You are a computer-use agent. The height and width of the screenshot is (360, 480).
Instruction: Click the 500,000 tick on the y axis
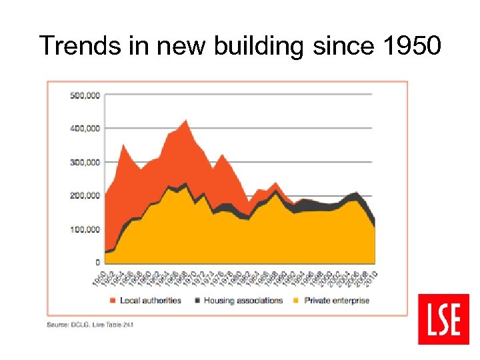84,95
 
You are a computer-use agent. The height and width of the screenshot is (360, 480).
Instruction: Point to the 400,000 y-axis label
84,128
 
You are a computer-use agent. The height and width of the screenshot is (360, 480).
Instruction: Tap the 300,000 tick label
84,162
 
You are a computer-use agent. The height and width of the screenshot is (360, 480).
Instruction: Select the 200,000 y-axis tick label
84,195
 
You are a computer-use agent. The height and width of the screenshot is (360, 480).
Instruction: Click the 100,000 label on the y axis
84,229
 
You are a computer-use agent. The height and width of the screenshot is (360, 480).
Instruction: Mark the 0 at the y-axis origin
97,263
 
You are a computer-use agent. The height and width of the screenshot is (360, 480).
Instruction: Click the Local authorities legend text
151,301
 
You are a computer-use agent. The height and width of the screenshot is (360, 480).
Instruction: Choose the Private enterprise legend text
336,301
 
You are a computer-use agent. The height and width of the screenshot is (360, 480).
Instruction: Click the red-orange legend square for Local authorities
113,301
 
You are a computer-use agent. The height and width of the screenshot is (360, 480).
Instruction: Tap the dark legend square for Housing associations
197,301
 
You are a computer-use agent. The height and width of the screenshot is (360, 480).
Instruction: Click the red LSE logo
443,319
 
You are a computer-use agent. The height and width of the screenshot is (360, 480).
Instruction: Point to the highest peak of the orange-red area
185,121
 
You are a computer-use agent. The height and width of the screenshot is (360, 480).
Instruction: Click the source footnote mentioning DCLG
94,325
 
